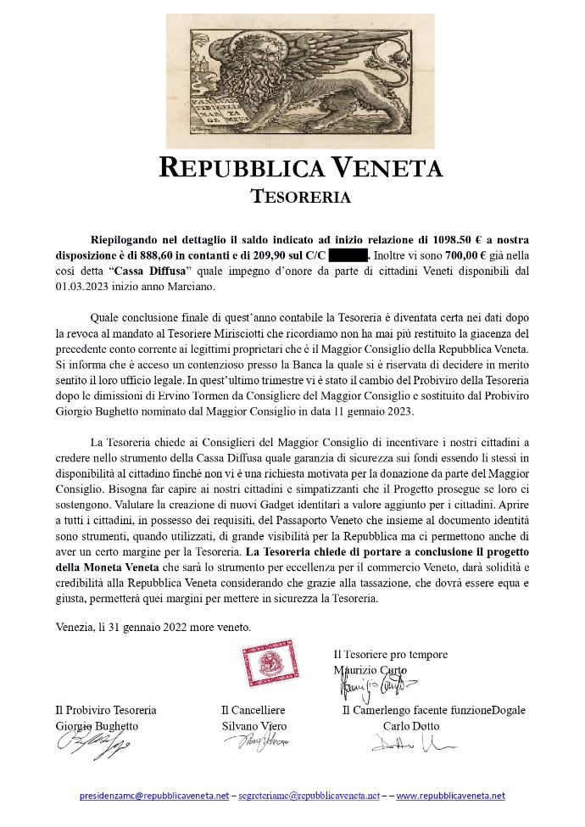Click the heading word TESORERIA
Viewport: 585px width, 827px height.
tap(301, 197)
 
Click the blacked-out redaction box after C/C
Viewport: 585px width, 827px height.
tap(347, 255)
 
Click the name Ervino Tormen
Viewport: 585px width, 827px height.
tap(187, 396)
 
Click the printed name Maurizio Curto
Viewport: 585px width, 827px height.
tap(370, 669)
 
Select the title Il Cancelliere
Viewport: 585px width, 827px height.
tap(253, 710)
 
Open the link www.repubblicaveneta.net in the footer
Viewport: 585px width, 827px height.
tap(450, 796)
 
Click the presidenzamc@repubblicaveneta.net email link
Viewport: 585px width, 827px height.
tap(153, 796)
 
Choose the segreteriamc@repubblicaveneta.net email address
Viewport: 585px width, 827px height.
tap(308, 796)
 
